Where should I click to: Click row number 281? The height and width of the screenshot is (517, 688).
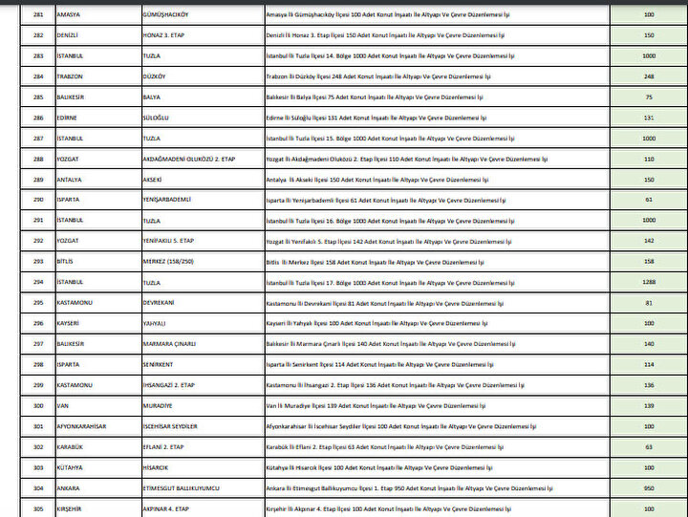[x=38, y=15]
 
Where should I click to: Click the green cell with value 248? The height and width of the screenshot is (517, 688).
[x=649, y=76]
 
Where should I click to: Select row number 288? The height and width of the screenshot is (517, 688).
[x=38, y=159]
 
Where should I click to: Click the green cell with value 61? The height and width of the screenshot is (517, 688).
[x=649, y=200]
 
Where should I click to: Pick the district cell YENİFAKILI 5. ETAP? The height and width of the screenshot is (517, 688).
[x=168, y=241]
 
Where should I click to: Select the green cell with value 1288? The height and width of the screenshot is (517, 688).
[x=649, y=282]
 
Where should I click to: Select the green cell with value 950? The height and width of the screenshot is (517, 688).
[x=649, y=487]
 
